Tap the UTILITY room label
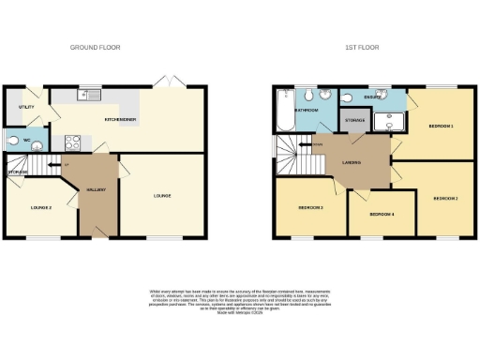click(26, 108)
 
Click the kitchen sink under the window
click(90, 95)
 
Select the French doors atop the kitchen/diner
click(172, 85)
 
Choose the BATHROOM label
click(307, 111)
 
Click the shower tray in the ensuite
click(385, 120)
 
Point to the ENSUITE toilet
click(351, 95)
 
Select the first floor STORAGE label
click(353, 121)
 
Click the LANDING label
click(351, 162)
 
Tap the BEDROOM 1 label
click(441, 126)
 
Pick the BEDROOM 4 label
click(380, 215)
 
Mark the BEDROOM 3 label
click(310, 207)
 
